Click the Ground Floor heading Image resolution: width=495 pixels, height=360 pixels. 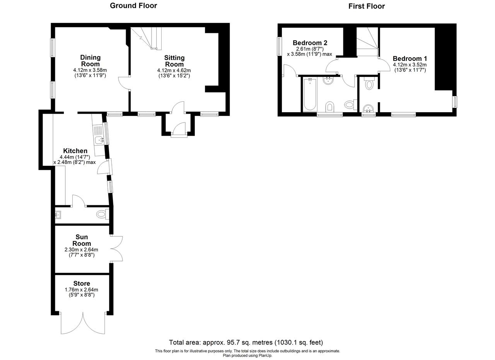(x=133, y=5)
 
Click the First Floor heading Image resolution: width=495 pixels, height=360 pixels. (x=366, y=6)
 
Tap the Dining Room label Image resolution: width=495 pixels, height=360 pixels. (x=90, y=61)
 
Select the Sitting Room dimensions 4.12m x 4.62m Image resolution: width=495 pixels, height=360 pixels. (x=174, y=70)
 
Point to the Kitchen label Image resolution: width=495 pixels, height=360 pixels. (x=75, y=151)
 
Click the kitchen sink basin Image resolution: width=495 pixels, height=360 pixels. (x=99, y=140)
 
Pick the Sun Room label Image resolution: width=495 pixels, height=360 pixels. (x=82, y=240)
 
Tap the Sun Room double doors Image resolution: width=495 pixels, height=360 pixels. (x=116, y=249)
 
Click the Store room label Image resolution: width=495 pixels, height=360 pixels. (x=82, y=283)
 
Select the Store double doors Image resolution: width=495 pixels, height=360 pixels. (x=83, y=323)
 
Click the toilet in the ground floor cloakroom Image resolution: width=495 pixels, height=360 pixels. (x=102, y=214)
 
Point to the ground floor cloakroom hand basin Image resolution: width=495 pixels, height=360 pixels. (x=58, y=215)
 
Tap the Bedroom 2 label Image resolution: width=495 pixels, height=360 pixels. (x=310, y=43)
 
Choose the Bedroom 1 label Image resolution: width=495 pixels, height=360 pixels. (x=410, y=58)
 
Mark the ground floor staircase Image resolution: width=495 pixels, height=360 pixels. (x=146, y=38)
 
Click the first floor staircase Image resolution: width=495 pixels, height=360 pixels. (x=367, y=42)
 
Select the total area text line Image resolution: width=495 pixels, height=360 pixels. (x=246, y=342)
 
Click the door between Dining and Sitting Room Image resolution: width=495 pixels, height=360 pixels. (x=124, y=83)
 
